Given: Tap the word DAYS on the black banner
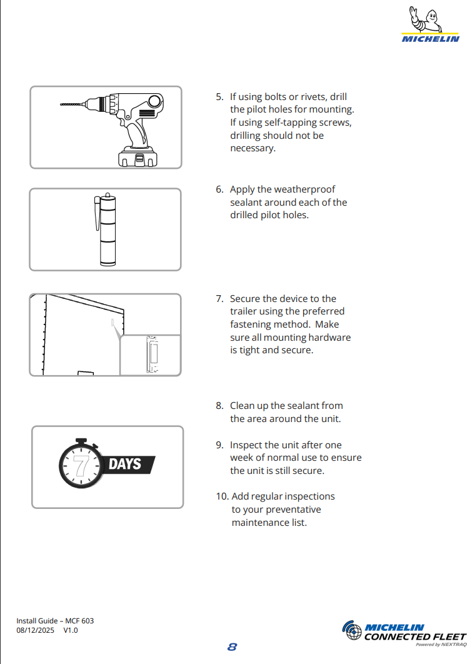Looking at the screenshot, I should pos(125,464).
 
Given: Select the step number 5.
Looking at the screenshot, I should pos(219,97).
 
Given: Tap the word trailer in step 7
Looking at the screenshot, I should pos(245,311).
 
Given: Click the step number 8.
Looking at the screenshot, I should pos(219,406).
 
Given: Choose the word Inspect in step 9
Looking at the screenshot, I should pos(247,445).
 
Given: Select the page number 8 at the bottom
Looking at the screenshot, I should pos(232,647).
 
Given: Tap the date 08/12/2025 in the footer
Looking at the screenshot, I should pos(35,630).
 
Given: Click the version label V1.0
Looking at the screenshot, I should pos(71,630).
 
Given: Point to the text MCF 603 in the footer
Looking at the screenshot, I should pos(79,621).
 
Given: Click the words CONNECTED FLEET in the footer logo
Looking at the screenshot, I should pos(415,636).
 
